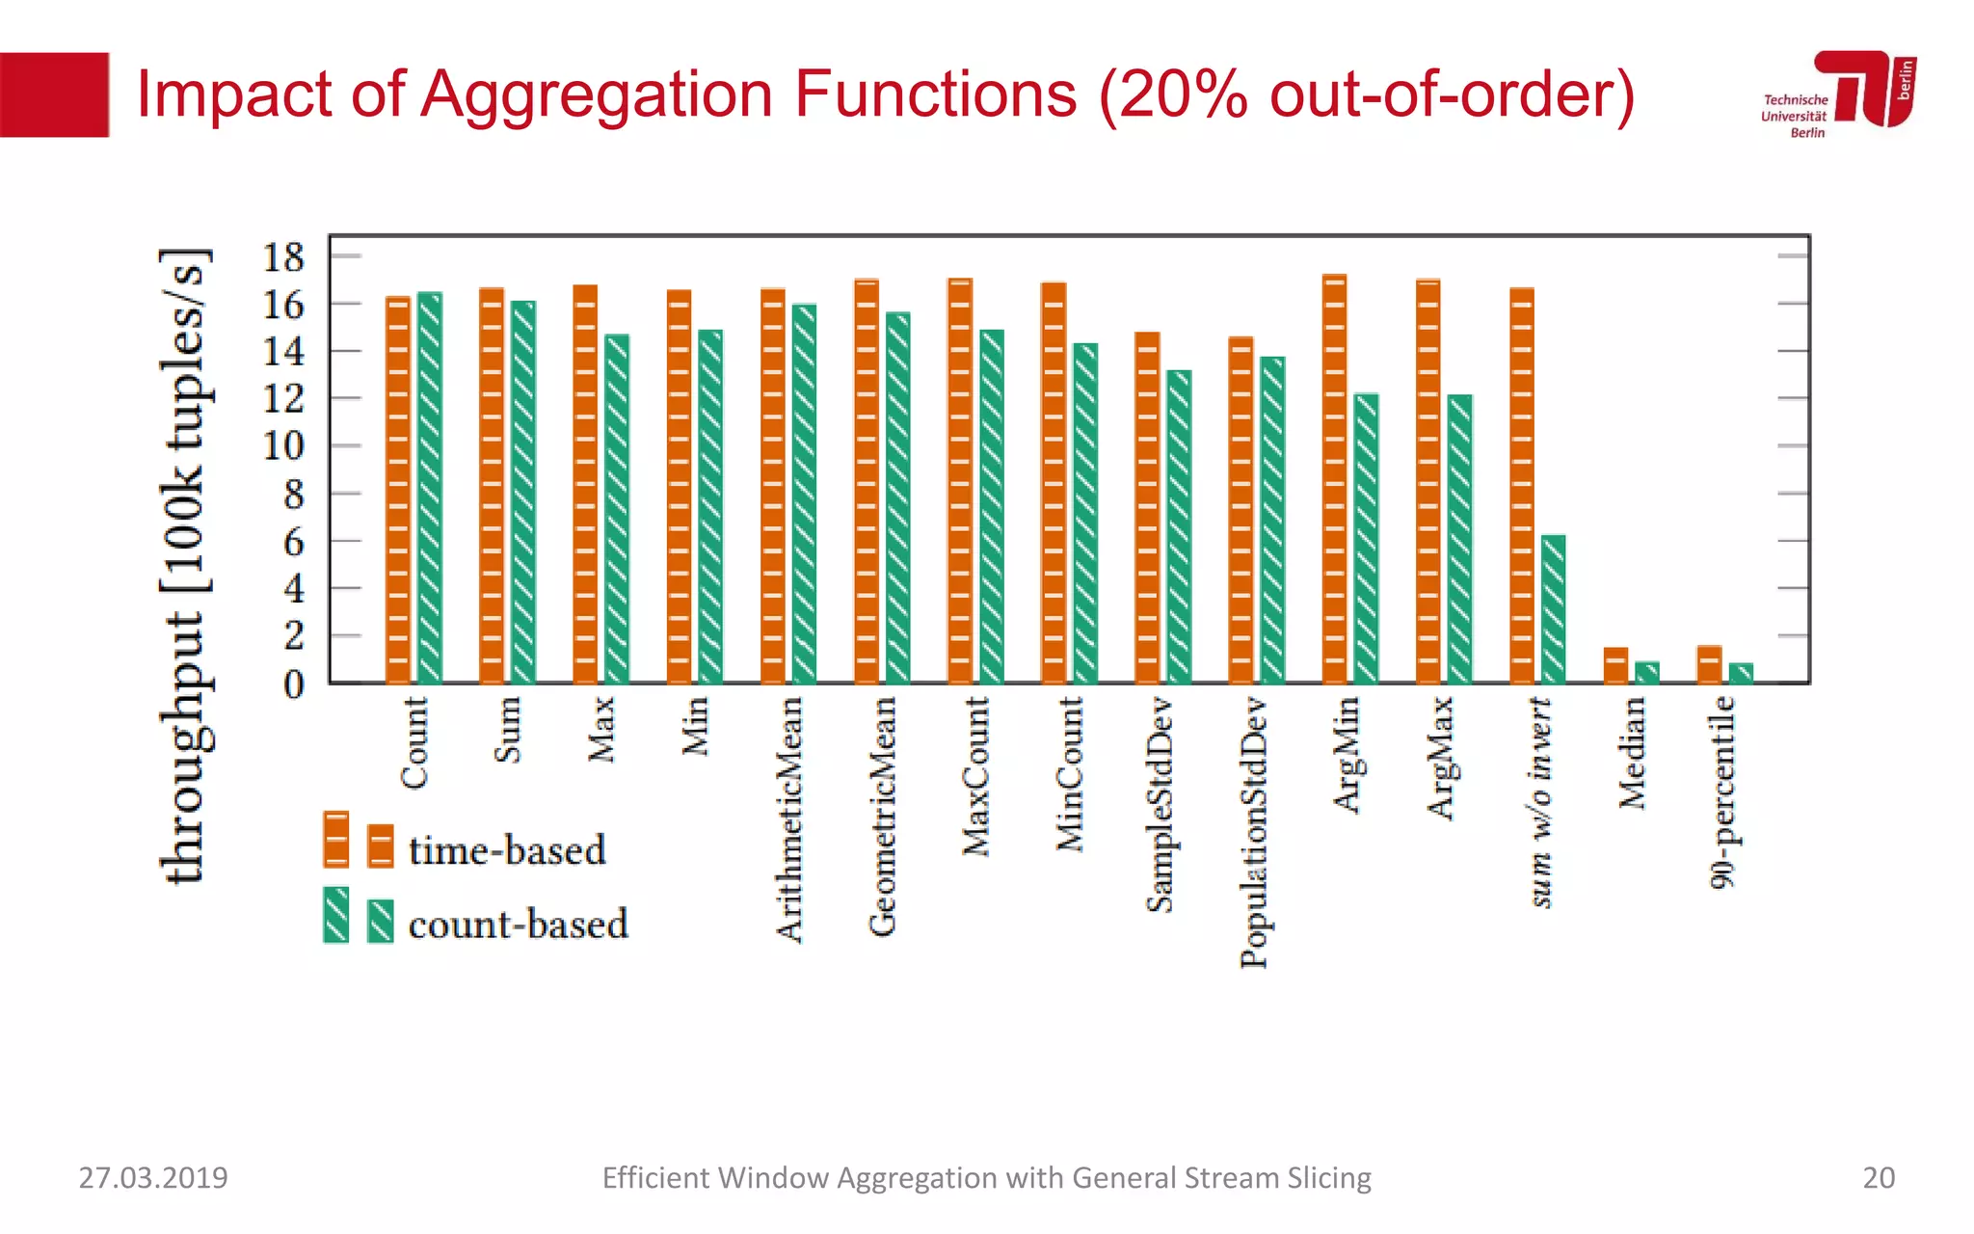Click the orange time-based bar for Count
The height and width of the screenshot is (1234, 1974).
[398, 492]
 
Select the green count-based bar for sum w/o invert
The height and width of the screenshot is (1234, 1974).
[1553, 609]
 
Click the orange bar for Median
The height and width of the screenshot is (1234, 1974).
[1615, 666]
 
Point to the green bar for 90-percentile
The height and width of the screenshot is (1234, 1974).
[1741, 673]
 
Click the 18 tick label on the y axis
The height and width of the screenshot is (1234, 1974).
[283, 257]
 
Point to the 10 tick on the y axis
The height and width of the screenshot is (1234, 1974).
[283, 446]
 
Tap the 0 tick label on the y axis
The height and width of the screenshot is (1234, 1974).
[293, 684]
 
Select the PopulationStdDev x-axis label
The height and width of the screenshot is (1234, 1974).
[1253, 832]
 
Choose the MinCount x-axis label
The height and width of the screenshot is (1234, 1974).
[1069, 774]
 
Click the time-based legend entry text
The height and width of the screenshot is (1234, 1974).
[507, 850]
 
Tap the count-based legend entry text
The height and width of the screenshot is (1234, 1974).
[518, 925]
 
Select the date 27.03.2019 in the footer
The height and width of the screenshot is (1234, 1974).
[153, 1178]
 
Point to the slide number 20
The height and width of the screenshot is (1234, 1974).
[1878, 1178]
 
